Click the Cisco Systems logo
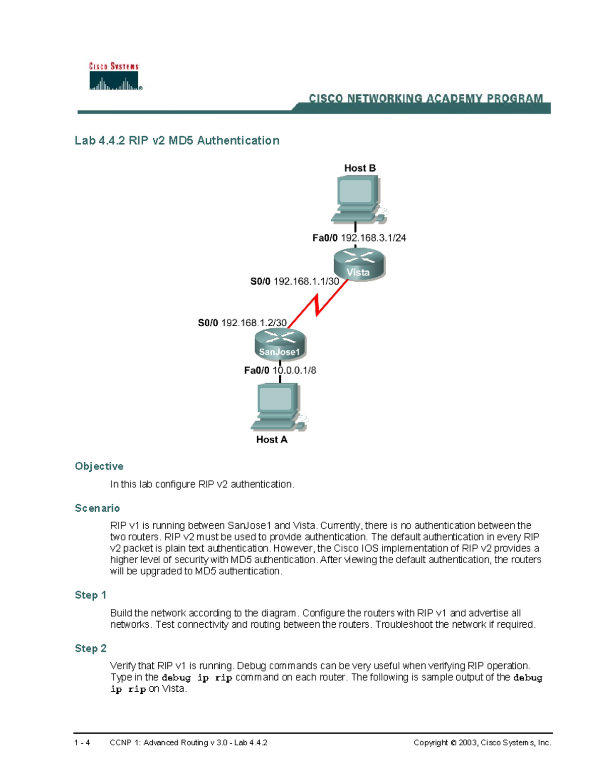[x=114, y=77]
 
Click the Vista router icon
[x=359, y=264]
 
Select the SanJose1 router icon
[x=280, y=345]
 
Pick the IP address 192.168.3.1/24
[x=373, y=238]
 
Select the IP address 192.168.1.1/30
[x=306, y=281]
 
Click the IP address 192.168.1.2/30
[x=254, y=323]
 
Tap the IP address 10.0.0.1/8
[x=294, y=371]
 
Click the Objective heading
[x=99, y=466]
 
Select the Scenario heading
[x=97, y=508]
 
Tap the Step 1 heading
[x=90, y=595]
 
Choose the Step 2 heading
[x=90, y=648]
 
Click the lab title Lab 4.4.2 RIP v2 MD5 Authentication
[x=177, y=141]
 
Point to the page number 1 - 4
[x=82, y=743]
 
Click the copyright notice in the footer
[x=482, y=743]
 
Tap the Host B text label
[x=359, y=168]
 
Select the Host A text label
[x=271, y=440]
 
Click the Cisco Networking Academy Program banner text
[x=426, y=99]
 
